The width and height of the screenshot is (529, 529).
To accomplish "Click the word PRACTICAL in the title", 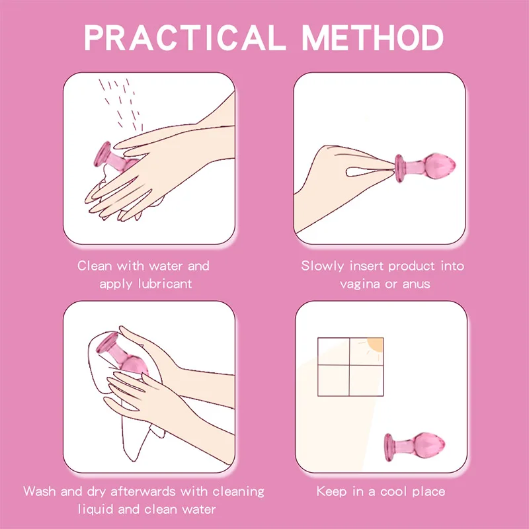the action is pos(184,38).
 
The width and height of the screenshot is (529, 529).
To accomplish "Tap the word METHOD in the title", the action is pos(372,38).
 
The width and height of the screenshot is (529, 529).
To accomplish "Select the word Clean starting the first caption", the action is pos(95,266).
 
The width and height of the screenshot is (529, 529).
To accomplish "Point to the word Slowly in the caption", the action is pos(323,266).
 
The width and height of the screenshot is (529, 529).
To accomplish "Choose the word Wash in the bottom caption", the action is pos(40,491).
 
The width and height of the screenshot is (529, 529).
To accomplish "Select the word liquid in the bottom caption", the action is pos(95,509).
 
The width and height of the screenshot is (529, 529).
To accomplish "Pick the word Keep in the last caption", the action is pos(332,491).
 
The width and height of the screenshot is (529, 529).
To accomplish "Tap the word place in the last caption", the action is pos(428,492).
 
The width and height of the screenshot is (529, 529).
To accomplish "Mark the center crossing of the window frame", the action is pos(349,365).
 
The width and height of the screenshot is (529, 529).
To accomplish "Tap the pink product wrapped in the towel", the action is pos(121,355).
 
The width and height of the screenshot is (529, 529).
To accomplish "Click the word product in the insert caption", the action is pos(412,266).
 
